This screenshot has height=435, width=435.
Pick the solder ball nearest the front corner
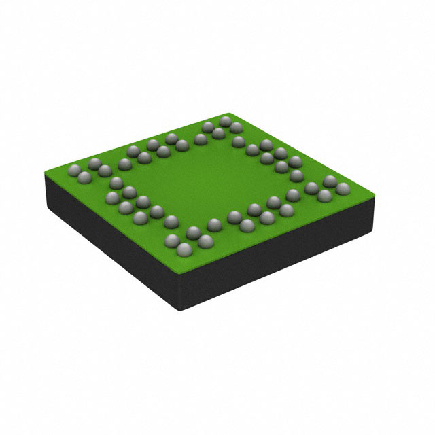[x=181, y=252]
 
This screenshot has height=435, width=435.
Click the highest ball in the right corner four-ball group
[x=330, y=180]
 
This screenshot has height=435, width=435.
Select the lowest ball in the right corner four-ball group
[x=324, y=196]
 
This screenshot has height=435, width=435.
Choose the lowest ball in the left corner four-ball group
[x=84, y=177]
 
